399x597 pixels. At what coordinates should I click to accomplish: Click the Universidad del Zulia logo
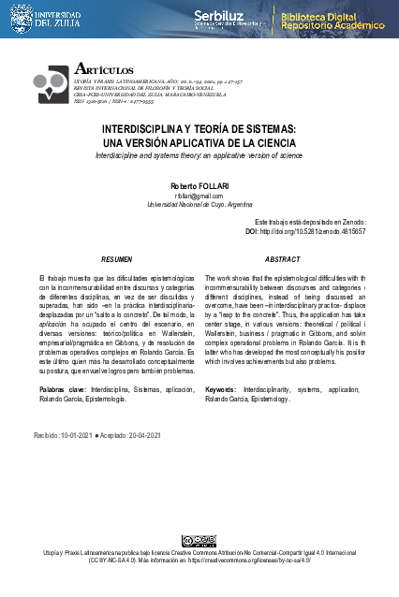point(41,19)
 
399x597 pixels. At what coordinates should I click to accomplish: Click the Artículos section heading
point(102,69)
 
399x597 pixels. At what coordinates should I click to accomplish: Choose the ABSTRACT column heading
point(282,258)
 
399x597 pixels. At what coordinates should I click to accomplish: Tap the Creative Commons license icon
point(199,540)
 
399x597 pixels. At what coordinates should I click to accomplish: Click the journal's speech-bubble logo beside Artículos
point(52,83)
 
